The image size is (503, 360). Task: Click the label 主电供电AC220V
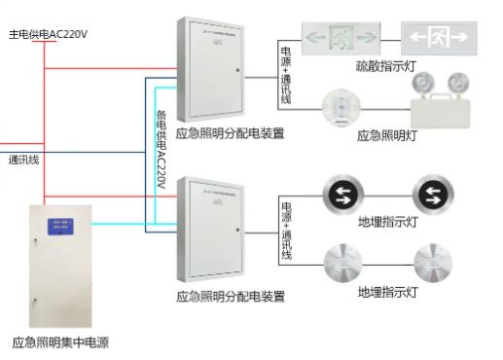[48, 34]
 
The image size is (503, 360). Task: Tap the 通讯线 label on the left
[23, 159]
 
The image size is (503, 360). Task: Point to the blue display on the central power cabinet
[57, 228]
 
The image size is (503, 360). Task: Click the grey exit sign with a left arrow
[441, 39]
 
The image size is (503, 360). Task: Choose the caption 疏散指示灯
[385, 66]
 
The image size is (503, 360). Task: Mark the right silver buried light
[432, 259]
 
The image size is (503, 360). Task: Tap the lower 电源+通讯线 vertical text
[286, 226]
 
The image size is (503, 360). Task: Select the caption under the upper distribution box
[231, 133]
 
